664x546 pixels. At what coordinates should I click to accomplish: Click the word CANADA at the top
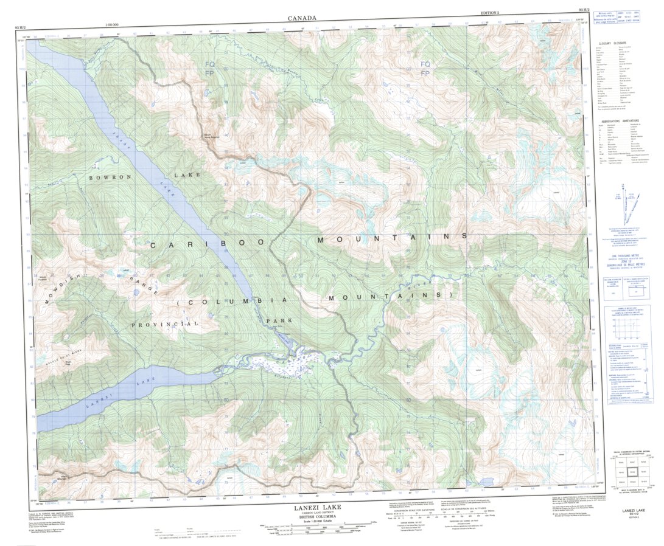click(x=302, y=18)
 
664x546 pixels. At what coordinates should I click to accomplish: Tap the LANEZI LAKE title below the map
click(x=323, y=507)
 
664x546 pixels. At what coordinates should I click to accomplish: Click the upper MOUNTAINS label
click(x=392, y=238)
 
